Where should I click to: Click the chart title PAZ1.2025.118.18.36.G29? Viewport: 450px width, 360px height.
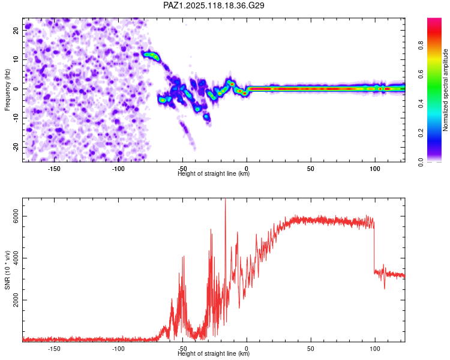pyautogui.click(x=214, y=5)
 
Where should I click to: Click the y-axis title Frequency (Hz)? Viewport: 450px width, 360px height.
pyautogui.click(x=7, y=90)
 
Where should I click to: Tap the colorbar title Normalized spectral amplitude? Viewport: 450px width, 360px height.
pyautogui.click(x=445, y=90)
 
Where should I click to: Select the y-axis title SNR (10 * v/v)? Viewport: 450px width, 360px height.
pyautogui.click(x=7, y=270)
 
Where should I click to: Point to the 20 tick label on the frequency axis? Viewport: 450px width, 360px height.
pyautogui.click(x=16, y=30)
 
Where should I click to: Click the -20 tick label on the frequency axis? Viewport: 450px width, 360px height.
pyautogui.click(x=16, y=147)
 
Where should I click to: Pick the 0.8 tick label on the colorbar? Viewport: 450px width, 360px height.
pyautogui.click(x=421, y=45)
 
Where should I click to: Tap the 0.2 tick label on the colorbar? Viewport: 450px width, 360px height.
pyautogui.click(x=421, y=133)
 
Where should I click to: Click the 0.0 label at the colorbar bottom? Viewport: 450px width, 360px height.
pyautogui.click(x=421, y=162)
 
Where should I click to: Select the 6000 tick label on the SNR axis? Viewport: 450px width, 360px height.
pyautogui.click(x=16, y=216)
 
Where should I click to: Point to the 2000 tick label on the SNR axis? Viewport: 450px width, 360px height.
pyautogui.click(x=16, y=300)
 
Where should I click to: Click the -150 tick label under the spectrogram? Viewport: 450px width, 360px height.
pyautogui.click(x=53, y=169)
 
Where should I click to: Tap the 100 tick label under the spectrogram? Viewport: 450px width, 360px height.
pyautogui.click(x=375, y=169)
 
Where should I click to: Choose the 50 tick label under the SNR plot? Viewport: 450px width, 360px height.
pyautogui.click(x=311, y=349)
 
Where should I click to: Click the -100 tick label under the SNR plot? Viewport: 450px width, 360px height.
pyautogui.click(x=118, y=349)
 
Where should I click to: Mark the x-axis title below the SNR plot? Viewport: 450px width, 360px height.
pyautogui.click(x=214, y=353)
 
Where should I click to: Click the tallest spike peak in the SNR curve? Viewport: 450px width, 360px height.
pyautogui.click(x=225, y=199)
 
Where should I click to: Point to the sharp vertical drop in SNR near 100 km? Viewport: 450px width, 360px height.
pyautogui.click(x=374, y=247)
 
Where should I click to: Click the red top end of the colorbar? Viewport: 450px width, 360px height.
pyautogui.click(x=434, y=20)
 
